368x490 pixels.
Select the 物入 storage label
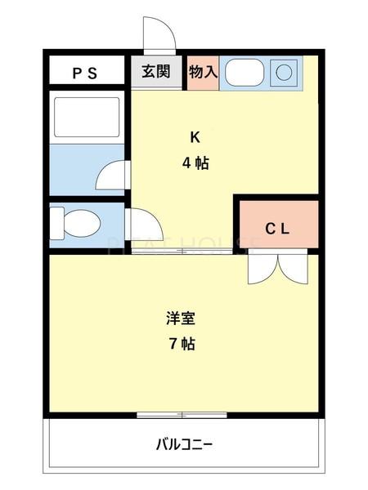(203, 72)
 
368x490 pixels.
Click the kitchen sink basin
(243, 73)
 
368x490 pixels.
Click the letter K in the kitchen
(195, 136)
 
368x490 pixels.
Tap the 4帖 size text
(195, 163)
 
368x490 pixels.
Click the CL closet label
(276, 229)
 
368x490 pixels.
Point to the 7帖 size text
(182, 344)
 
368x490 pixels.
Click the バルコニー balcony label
(185, 445)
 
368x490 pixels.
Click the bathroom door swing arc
(113, 175)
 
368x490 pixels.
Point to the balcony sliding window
(182, 415)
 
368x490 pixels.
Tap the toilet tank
(56, 222)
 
